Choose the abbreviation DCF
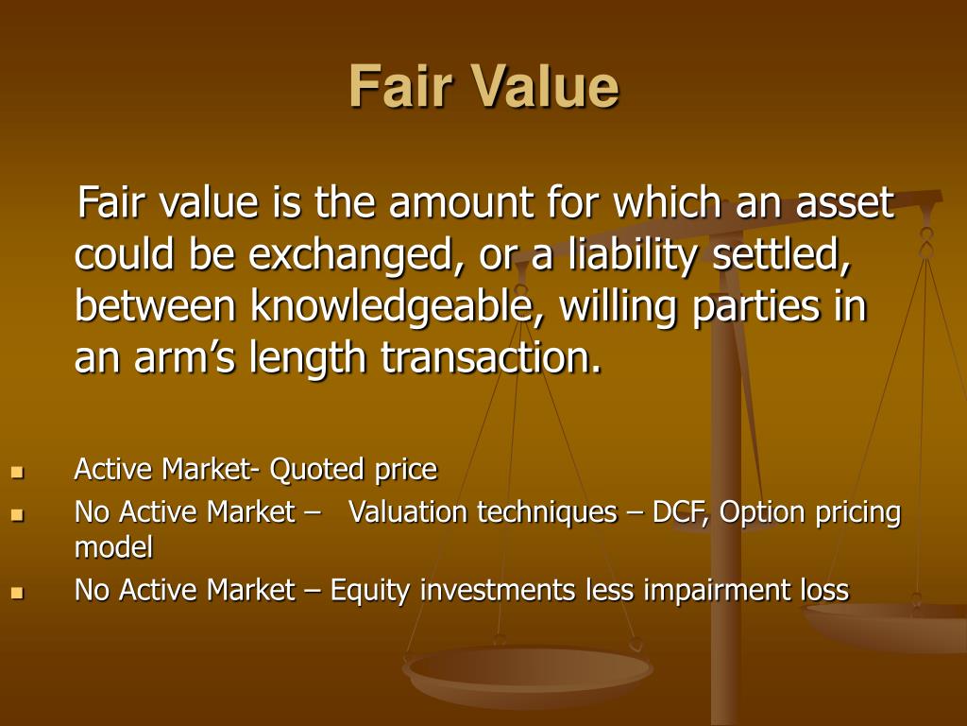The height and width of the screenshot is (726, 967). [680, 512]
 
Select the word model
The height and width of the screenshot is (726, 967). [113, 546]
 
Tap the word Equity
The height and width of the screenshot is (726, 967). [369, 590]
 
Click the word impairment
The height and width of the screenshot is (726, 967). [705, 590]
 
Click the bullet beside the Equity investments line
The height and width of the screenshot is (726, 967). [16, 592]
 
